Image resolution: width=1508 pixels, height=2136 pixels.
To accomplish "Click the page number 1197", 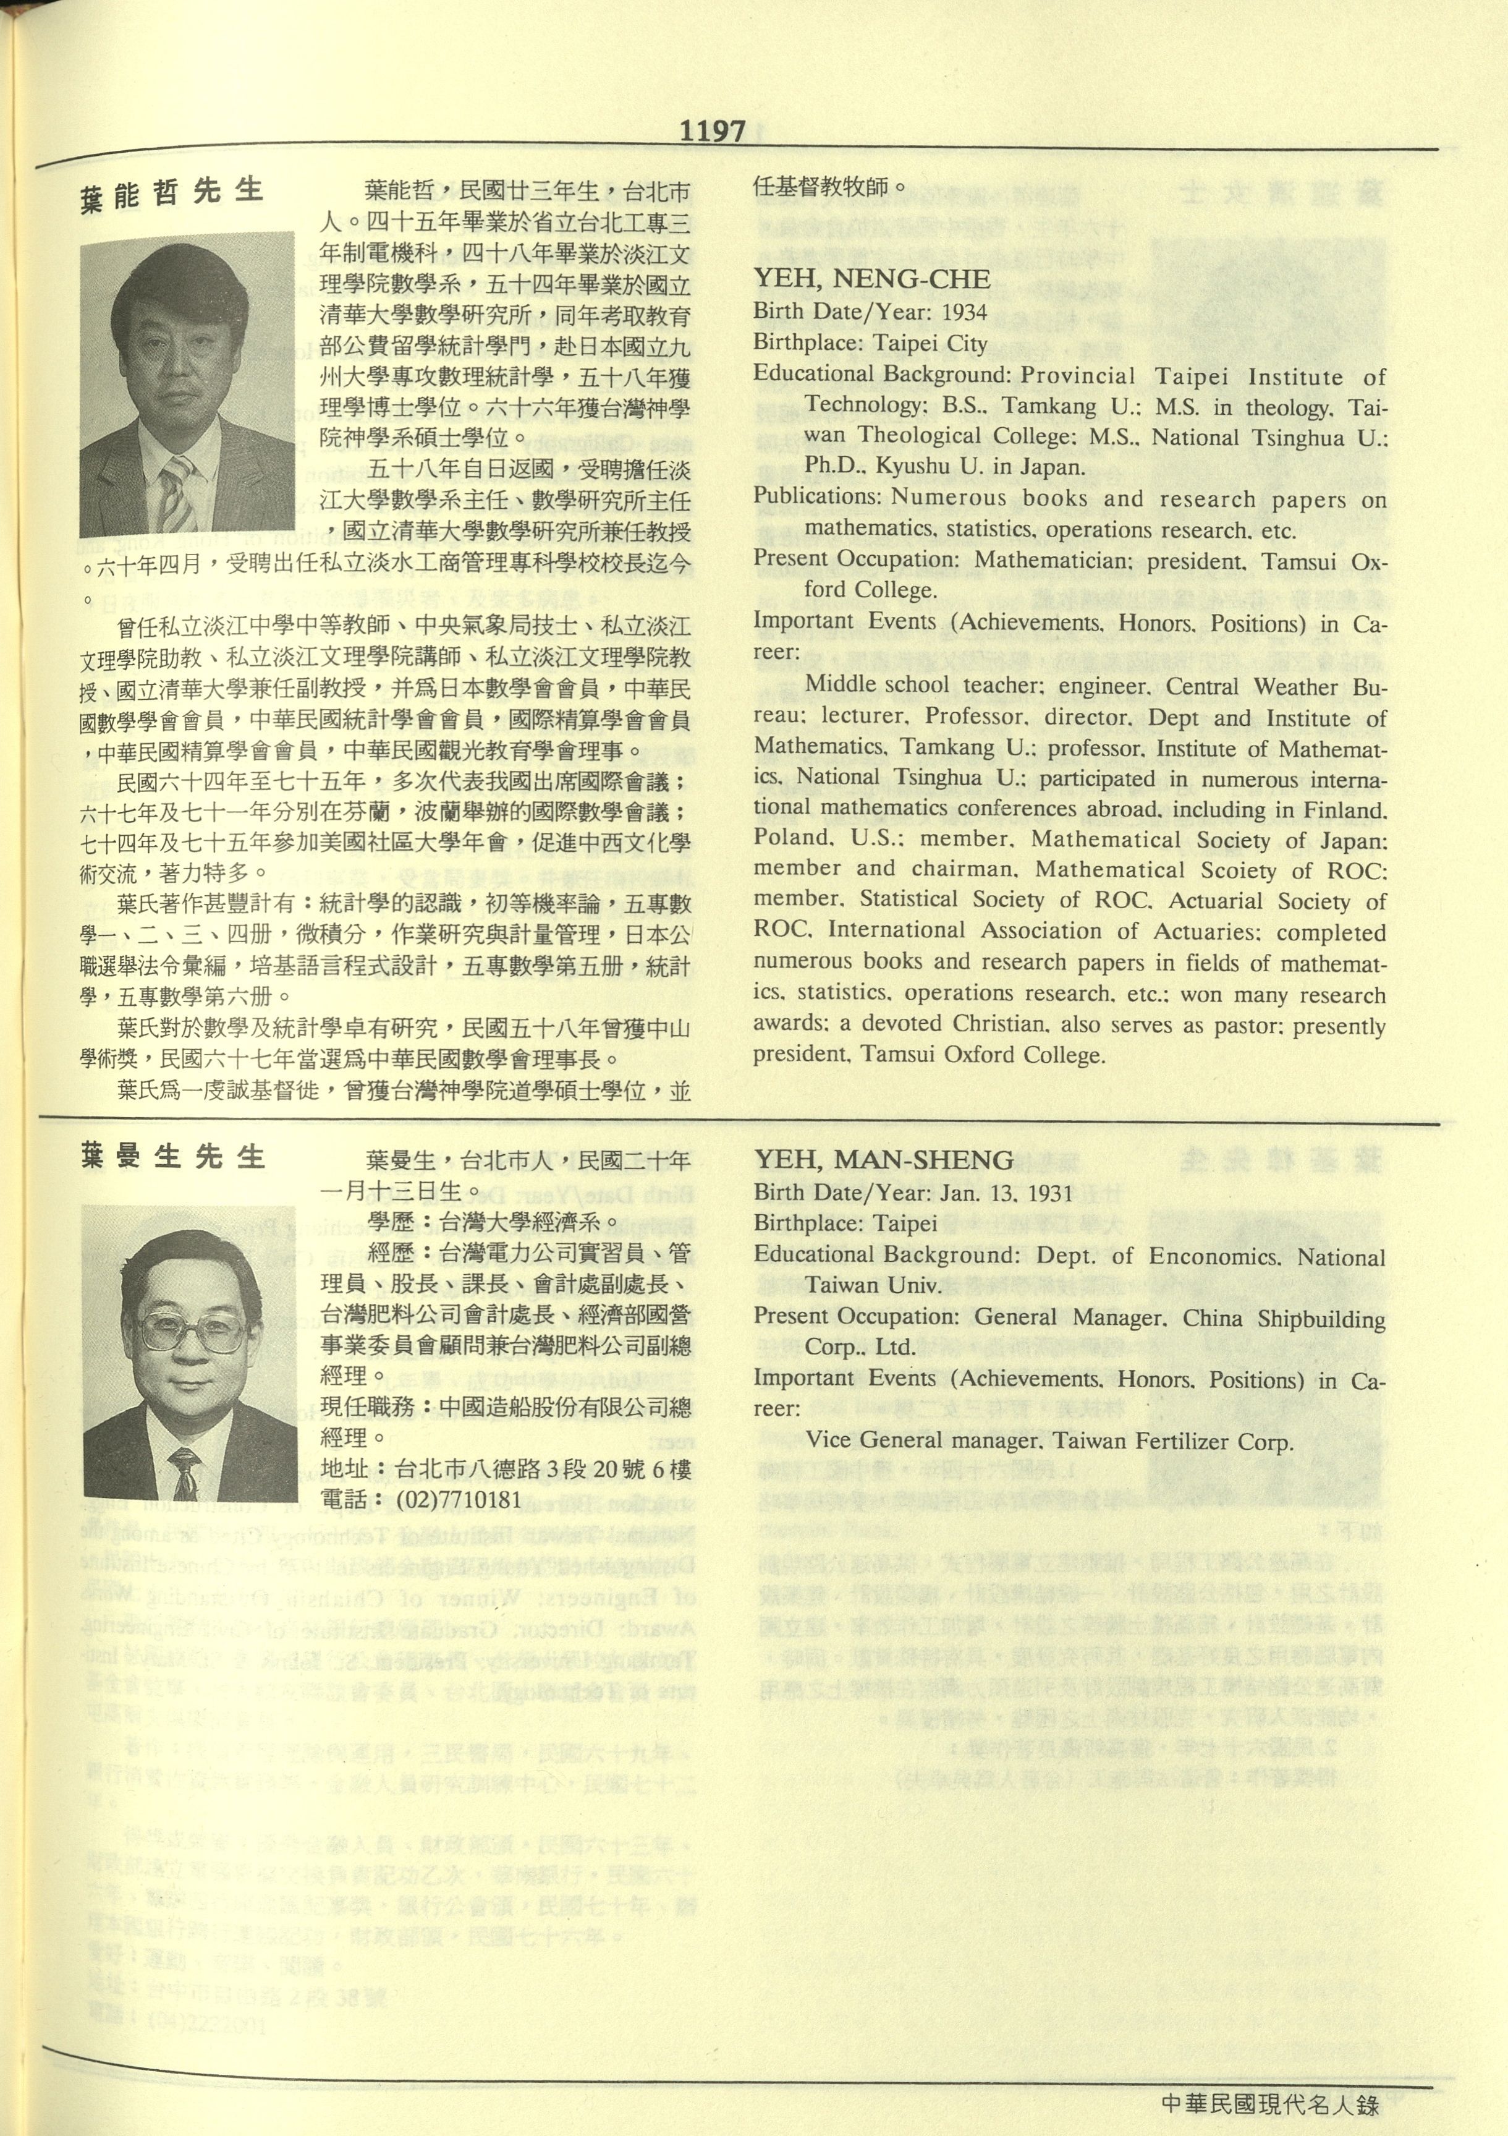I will (x=713, y=131).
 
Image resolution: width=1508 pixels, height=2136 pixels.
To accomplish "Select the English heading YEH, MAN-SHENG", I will (x=884, y=1159).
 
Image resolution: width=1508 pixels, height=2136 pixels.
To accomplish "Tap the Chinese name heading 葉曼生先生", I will (x=172, y=1157).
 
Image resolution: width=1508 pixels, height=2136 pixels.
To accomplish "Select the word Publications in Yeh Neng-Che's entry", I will (x=817, y=497).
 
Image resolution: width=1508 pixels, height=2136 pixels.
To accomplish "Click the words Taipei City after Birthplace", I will (x=930, y=343).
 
